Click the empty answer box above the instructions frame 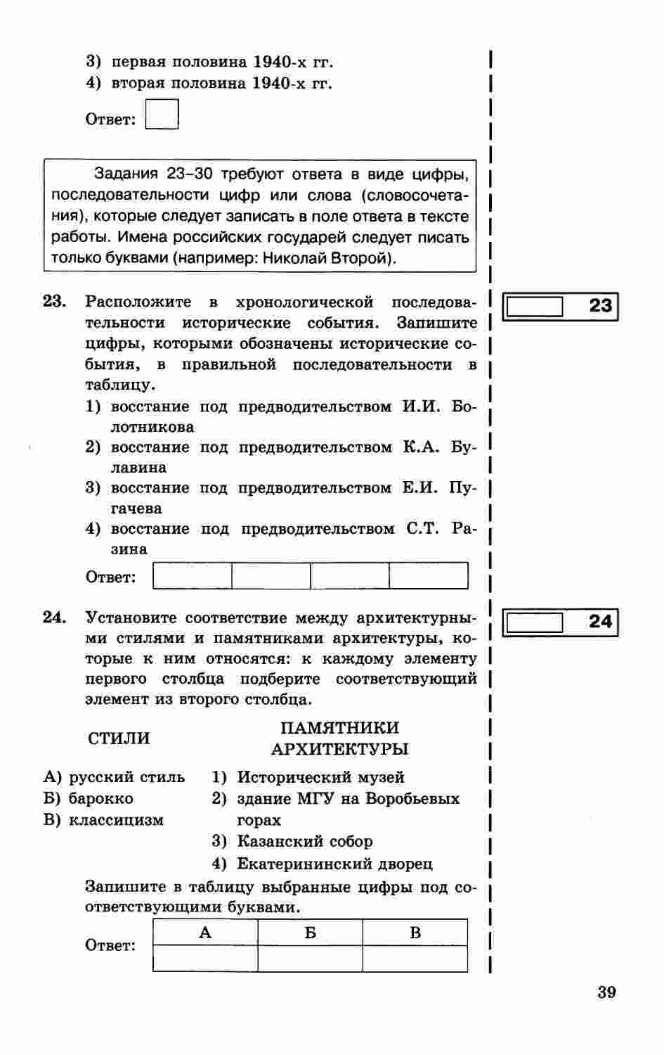tap(162, 115)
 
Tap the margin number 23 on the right tap(600, 306)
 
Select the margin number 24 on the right tap(600, 622)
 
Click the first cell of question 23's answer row tap(193, 576)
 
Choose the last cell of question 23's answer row tap(428, 576)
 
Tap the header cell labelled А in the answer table tap(205, 933)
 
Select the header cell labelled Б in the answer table tap(310, 933)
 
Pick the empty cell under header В tap(415, 959)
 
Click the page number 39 tap(606, 992)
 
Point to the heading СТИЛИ tap(119, 738)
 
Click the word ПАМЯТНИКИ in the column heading tap(339, 728)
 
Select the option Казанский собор tap(305, 842)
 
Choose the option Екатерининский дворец tap(334, 864)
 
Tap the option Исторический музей tap(320, 778)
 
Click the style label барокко tap(100, 799)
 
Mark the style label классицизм tap(116, 820)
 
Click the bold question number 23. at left tap(55, 302)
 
